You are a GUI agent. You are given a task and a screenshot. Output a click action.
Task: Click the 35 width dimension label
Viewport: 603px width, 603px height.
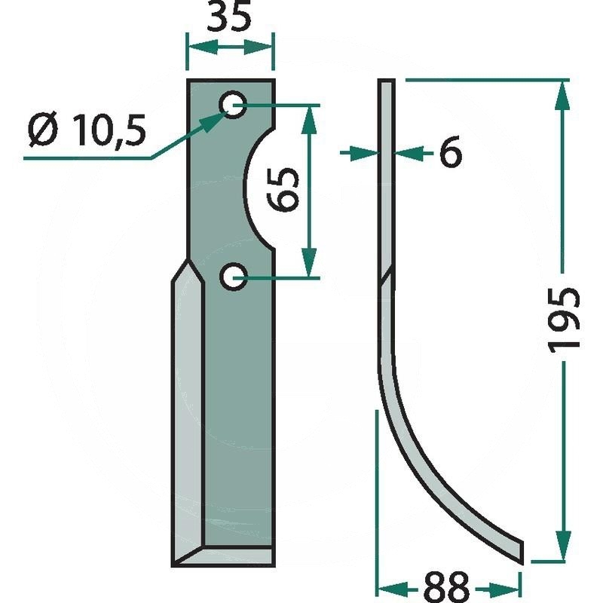(x=229, y=16)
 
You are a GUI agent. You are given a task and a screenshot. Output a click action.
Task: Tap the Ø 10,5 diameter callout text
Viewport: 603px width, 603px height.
(x=87, y=130)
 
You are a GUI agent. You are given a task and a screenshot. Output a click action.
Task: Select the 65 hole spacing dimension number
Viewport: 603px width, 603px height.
(x=283, y=190)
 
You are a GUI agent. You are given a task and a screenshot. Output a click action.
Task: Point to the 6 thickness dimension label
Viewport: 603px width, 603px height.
(x=450, y=152)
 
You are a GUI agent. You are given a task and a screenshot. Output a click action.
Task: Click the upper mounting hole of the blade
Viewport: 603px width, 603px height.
(x=233, y=105)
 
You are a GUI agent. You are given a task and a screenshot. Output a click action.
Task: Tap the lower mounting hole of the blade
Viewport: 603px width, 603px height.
(x=233, y=277)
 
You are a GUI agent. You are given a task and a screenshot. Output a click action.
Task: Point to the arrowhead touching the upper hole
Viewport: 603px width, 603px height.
(x=216, y=121)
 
